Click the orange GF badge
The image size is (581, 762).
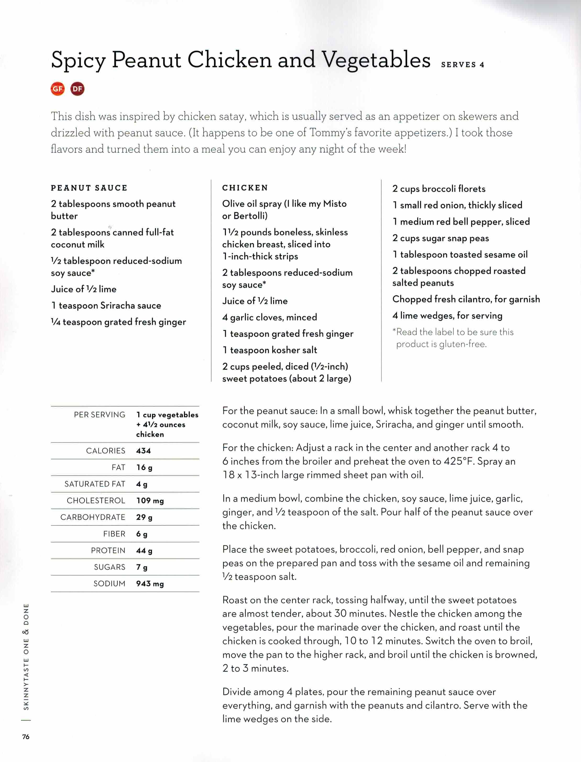58,89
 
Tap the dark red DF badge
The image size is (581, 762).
78,89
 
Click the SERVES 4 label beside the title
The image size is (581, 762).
462,65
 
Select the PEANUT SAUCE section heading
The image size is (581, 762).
89,188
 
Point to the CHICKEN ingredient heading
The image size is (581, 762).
245,188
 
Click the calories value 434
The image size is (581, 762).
143,451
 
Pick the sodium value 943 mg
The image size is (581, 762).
150,584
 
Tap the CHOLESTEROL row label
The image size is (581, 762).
96,501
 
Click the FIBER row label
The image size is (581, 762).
114,534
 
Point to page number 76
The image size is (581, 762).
26,737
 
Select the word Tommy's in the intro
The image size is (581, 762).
332,132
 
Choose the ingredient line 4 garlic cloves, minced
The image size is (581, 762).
269,317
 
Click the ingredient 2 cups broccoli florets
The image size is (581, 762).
439,189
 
